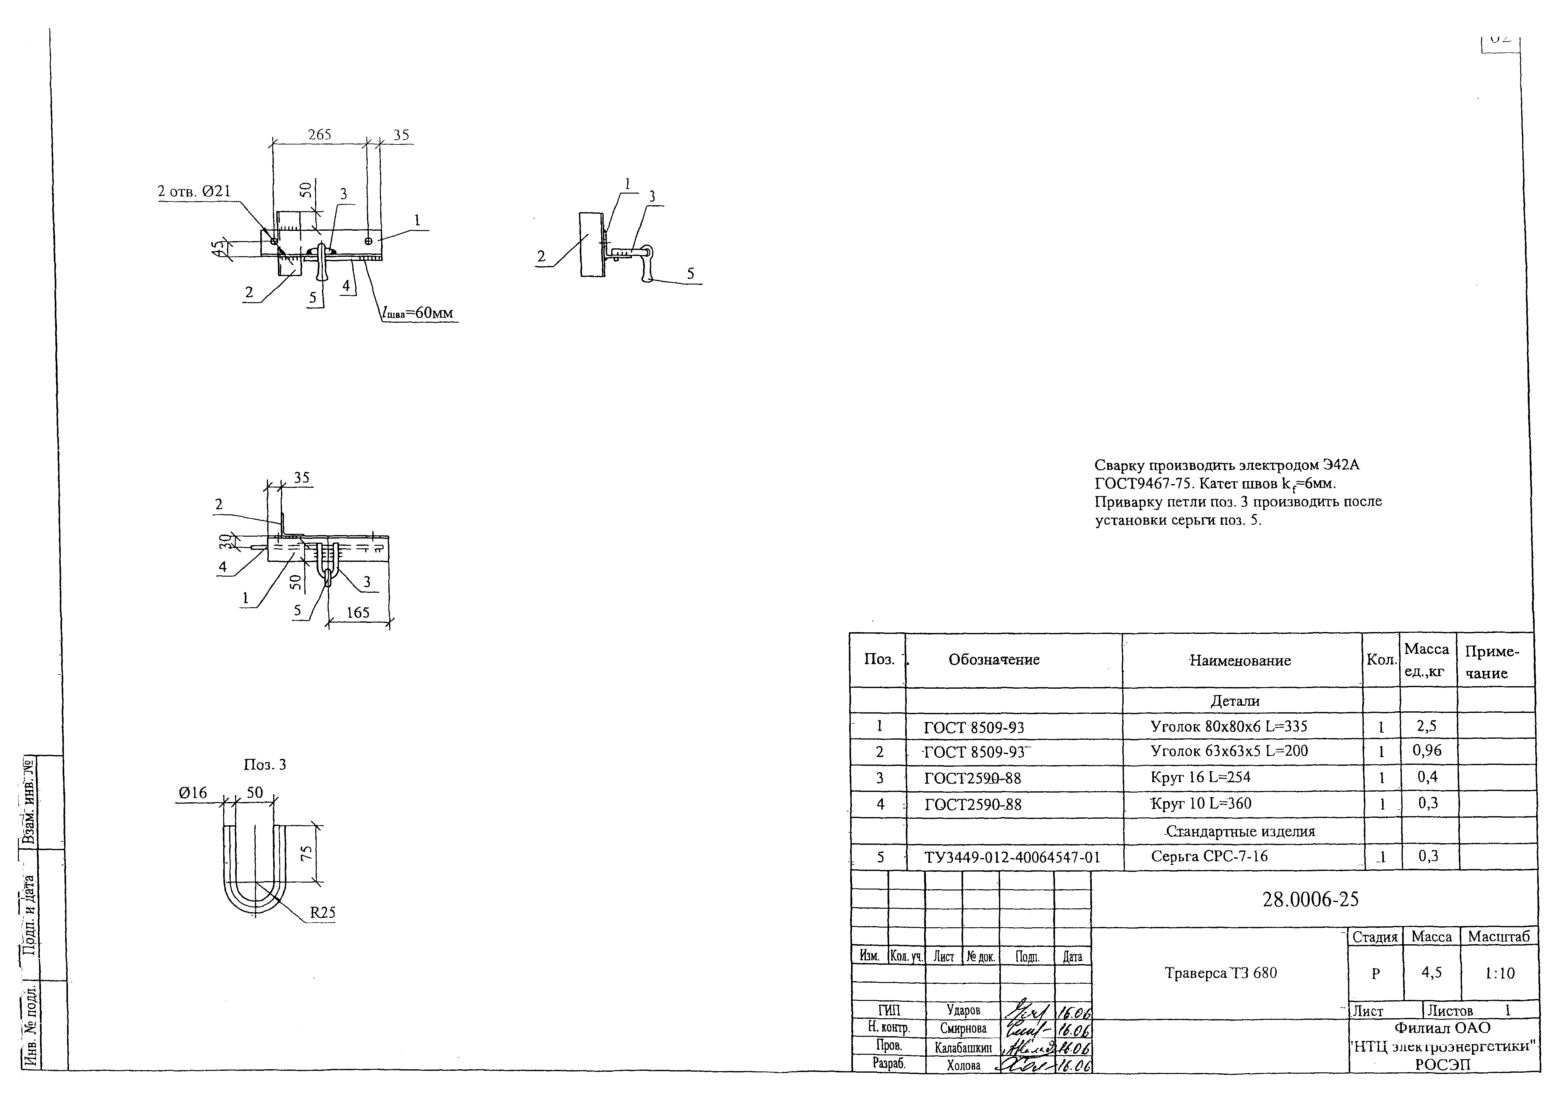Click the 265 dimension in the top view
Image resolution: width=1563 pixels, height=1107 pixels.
(x=319, y=135)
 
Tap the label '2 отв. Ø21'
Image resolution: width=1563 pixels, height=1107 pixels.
(x=194, y=192)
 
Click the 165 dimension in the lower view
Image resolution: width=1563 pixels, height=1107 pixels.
(x=358, y=612)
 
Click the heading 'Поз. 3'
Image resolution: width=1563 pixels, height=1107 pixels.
(x=265, y=765)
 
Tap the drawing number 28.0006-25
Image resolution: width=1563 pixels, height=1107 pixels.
(x=1310, y=900)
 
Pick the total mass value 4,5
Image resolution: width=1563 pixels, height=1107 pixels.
(x=1431, y=973)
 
